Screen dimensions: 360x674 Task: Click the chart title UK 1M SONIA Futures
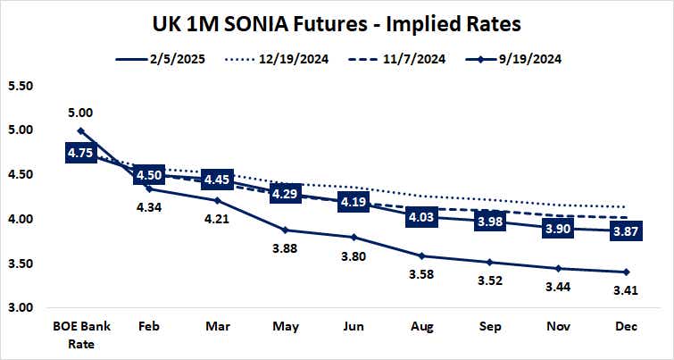pyautogui.click(x=337, y=21)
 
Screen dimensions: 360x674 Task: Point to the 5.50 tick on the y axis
pyautogui.click(x=20, y=86)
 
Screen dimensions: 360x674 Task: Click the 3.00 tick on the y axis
pyautogui.click(x=20, y=308)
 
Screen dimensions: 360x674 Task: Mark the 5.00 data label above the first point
pyautogui.click(x=81, y=113)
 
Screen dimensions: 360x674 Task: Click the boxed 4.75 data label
pyautogui.click(x=81, y=153)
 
